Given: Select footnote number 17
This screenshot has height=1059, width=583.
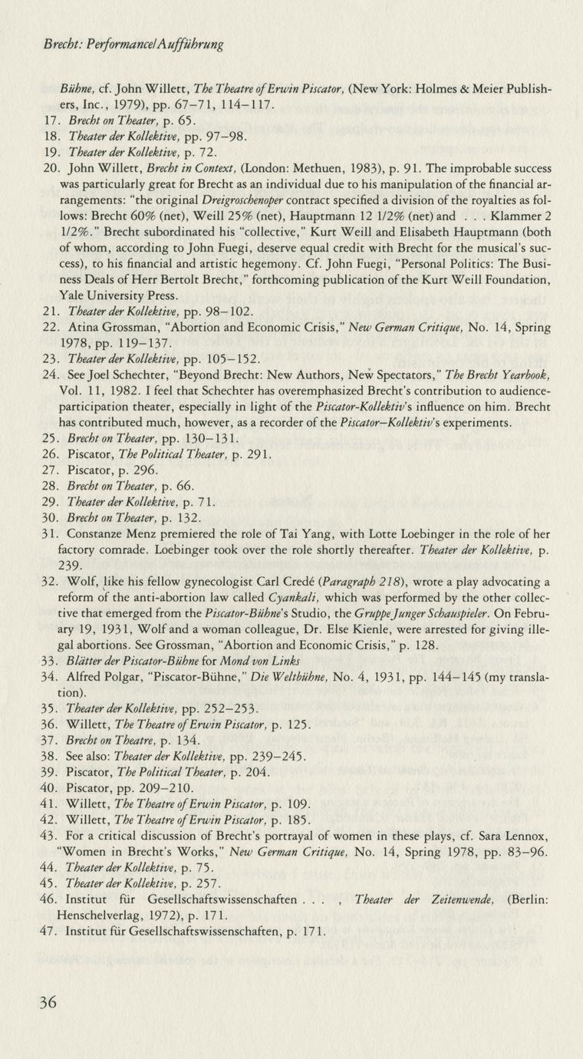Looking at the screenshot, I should pyautogui.click(x=52, y=120).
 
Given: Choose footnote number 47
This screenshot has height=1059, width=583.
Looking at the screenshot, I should pyautogui.click(x=52, y=932).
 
